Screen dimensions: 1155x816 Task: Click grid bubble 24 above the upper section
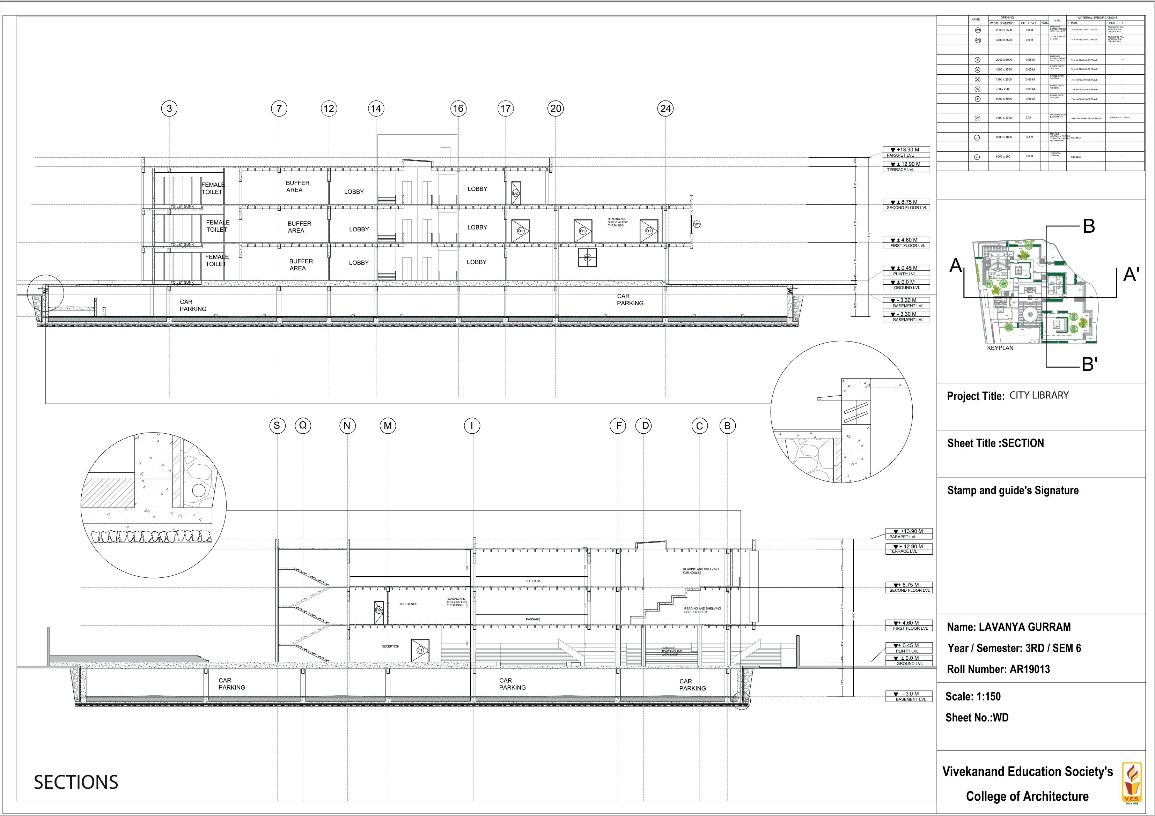click(665, 108)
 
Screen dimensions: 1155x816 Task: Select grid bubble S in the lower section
click(277, 426)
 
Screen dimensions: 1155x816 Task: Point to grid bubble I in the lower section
click(472, 426)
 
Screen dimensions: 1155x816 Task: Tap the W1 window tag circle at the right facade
click(697, 224)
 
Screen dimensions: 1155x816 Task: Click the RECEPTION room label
click(390, 646)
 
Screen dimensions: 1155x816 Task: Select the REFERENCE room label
click(407, 604)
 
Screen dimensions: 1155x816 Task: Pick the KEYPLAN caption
click(1000, 348)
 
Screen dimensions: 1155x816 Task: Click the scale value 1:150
click(988, 696)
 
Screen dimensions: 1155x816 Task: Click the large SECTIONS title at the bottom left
click(76, 782)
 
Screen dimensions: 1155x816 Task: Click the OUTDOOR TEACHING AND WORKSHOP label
click(671, 651)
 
